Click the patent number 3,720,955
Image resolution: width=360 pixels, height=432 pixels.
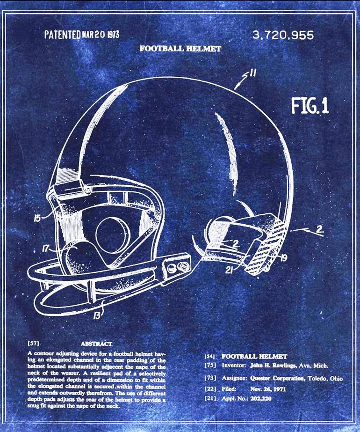click(x=283, y=35)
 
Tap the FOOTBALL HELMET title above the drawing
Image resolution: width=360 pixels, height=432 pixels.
click(x=180, y=48)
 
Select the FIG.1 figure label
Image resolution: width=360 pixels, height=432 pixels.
click(x=310, y=106)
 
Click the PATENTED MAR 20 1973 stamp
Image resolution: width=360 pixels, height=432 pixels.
click(x=81, y=34)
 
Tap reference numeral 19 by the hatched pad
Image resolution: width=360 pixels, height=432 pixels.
click(x=283, y=256)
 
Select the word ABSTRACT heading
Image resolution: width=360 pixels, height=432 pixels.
click(x=96, y=344)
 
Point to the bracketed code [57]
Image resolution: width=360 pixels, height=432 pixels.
click(x=33, y=344)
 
